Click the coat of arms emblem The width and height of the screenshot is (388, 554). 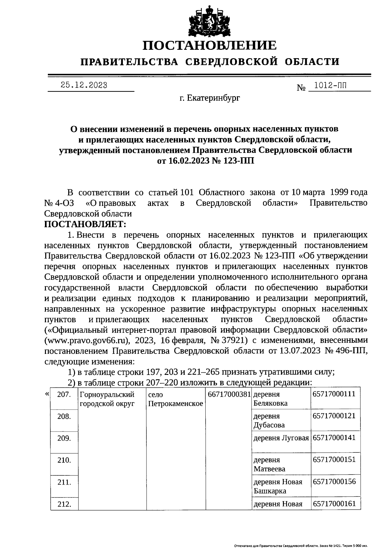coord(210,20)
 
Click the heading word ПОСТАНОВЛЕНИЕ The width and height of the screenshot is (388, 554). coord(210,46)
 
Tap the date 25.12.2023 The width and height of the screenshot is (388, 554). coord(84,85)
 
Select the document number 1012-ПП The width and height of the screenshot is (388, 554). coord(330,86)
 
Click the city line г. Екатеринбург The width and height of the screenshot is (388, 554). coord(210,98)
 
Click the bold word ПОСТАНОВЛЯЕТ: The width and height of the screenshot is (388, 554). coord(85,224)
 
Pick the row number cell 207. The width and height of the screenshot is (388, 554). coord(64,395)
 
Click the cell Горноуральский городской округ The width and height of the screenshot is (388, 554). coord(107,399)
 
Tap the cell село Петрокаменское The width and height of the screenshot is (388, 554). coord(175,399)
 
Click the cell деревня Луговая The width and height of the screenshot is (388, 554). coord(281,438)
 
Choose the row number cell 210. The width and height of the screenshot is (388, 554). coord(64,460)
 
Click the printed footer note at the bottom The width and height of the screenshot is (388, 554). coord(300,546)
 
